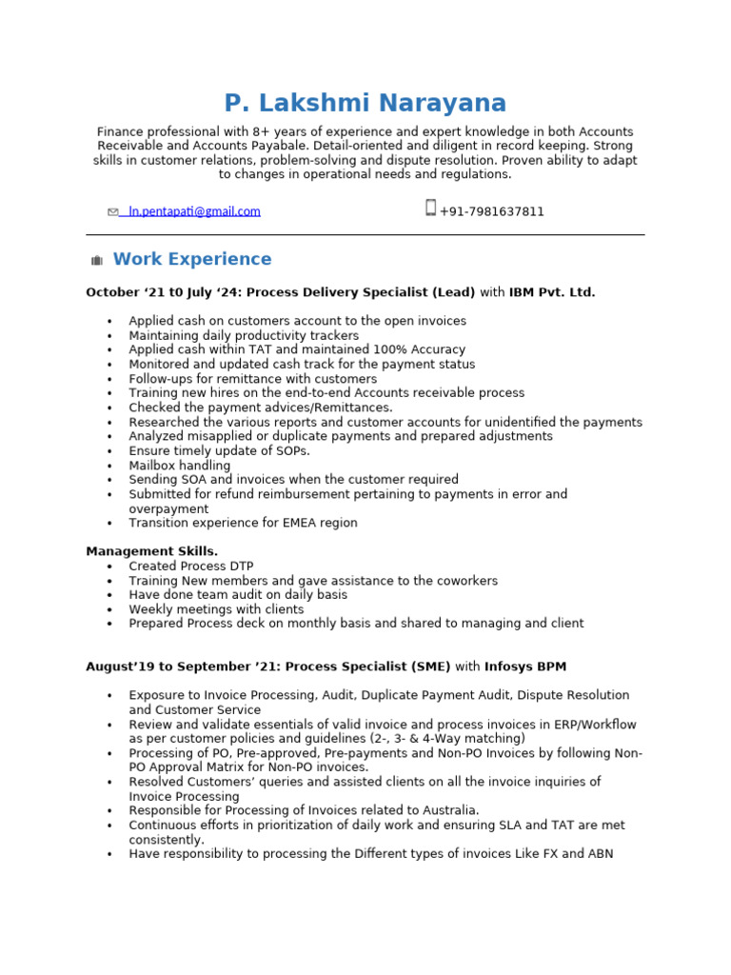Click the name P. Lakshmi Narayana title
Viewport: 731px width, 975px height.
point(365,104)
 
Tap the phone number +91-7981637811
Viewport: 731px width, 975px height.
point(492,211)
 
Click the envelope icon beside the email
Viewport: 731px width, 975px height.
point(113,212)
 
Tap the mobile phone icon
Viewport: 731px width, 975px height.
point(430,208)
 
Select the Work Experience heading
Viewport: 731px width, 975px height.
point(192,259)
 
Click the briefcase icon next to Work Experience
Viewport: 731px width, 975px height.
point(96,261)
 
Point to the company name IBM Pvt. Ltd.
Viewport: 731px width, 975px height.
point(552,292)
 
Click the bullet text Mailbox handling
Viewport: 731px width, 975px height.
point(180,466)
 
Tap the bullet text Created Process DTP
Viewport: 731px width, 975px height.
point(191,567)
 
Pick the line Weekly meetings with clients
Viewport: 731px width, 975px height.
point(216,609)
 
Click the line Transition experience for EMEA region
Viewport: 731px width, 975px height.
point(243,523)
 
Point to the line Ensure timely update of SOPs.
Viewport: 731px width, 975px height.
point(219,450)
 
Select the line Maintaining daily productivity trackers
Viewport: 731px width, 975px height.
point(244,335)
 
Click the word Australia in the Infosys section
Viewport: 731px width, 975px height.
point(447,810)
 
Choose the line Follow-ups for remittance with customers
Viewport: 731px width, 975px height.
point(252,379)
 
